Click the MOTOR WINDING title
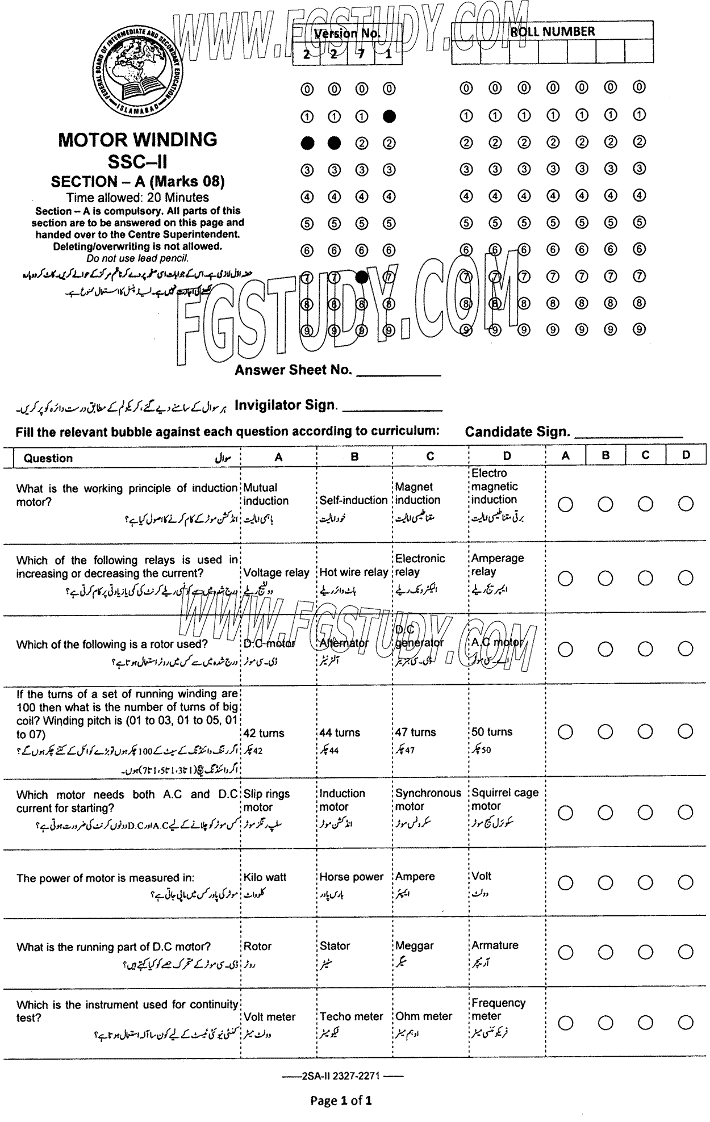137,140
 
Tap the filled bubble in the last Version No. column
389,116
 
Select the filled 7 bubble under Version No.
362,277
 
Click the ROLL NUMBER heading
552,32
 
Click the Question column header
48,458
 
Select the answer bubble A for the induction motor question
565,504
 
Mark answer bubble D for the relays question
686,578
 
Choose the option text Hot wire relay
353,572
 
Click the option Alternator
344,643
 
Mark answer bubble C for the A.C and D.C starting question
646,813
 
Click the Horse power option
352,877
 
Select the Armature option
495,945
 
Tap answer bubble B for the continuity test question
605,1023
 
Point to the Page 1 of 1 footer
341,1100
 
